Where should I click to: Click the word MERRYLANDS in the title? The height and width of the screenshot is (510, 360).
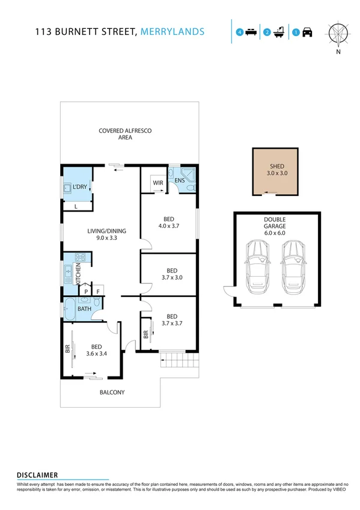click(x=171, y=32)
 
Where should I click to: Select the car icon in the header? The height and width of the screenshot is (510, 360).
click(x=307, y=32)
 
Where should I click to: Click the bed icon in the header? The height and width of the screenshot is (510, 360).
click(x=251, y=32)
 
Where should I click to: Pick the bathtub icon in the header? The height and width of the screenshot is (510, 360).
click(x=279, y=32)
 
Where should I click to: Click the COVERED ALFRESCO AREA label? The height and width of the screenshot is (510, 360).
click(x=117, y=134)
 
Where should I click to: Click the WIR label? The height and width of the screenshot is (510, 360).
click(x=158, y=182)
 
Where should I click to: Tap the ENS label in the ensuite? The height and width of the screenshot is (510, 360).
click(x=179, y=180)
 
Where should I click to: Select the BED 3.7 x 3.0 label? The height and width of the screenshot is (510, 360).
click(x=172, y=274)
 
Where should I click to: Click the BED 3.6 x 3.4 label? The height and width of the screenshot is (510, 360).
click(x=96, y=350)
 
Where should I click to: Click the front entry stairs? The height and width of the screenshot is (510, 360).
click(x=178, y=361)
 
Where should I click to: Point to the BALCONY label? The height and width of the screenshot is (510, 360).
click(x=112, y=393)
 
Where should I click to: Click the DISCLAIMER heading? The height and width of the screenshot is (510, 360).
click(x=37, y=475)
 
